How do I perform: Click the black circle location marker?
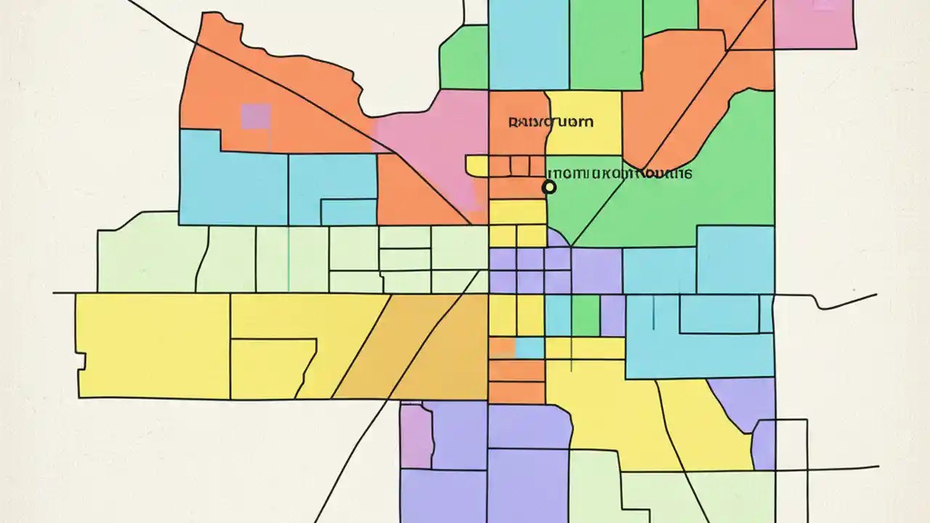click(x=549, y=187)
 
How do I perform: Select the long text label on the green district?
click(x=619, y=174)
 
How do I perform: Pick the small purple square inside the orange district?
click(x=256, y=117)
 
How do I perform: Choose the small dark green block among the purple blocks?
click(x=586, y=315)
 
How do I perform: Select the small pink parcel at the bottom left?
click(x=416, y=436)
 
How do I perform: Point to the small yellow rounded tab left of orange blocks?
click(x=477, y=166)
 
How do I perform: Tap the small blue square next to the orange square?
click(x=530, y=348)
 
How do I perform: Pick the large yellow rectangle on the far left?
click(x=153, y=345)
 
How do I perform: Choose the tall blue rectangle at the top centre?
click(x=528, y=44)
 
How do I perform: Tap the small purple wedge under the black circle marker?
click(x=557, y=238)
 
